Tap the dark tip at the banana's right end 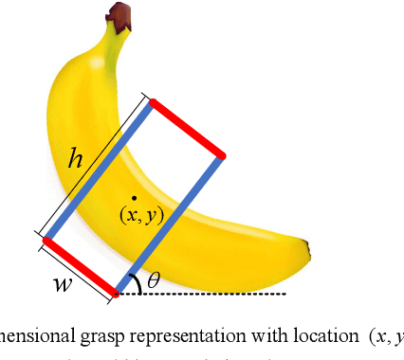(x=306, y=251)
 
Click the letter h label (x=77, y=159)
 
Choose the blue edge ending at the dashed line (x=170, y=224)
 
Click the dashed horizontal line (x=218, y=294)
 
